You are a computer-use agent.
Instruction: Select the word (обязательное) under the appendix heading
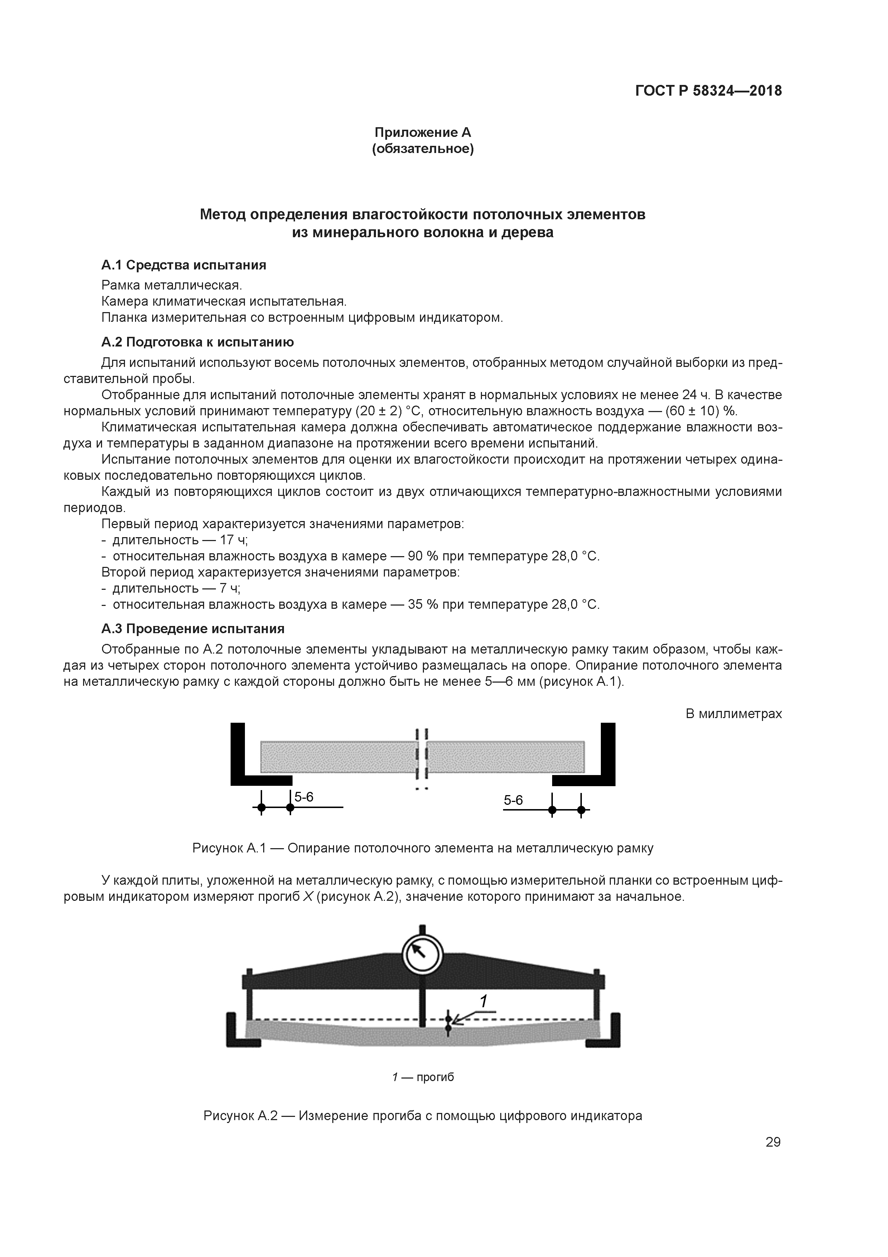click(x=423, y=149)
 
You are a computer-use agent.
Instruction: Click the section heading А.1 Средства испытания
click(x=184, y=265)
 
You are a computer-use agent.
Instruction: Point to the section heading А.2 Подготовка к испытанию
click(x=198, y=342)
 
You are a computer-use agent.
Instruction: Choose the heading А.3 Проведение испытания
click(x=193, y=628)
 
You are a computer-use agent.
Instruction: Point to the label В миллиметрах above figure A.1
click(x=733, y=714)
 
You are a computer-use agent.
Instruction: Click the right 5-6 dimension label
click(x=513, y=800)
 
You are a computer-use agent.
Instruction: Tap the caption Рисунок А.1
click(x=423, y=849)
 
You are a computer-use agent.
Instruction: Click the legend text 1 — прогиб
click(x=423, y=1077)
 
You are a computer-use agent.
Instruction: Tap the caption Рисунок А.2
click(x=423, y=1116)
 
